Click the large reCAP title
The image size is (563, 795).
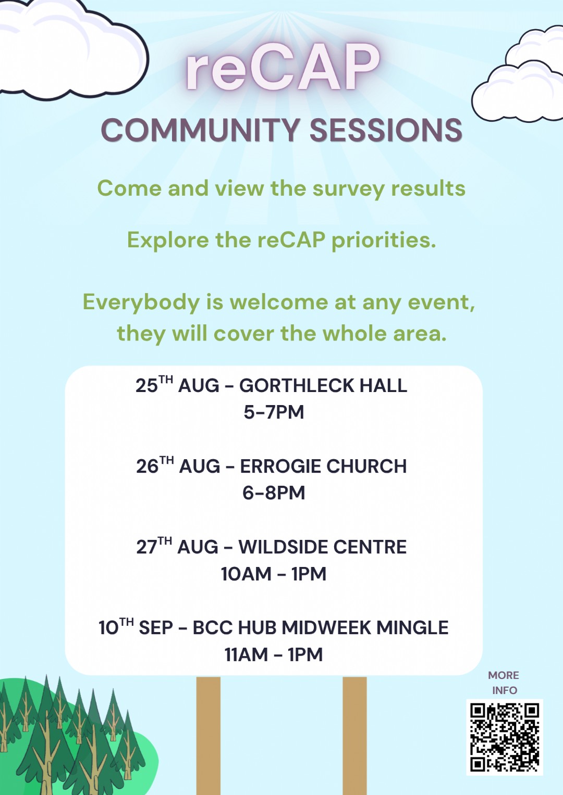(283, 68)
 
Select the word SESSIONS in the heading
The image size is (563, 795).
(386, 130)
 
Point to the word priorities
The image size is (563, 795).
(384, 241)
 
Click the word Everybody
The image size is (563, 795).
(141, 303)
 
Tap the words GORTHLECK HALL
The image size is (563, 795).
(323, 385)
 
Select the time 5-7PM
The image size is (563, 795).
(274, 412)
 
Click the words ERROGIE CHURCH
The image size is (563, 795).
(323, 466)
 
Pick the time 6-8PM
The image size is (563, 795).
(274, 493)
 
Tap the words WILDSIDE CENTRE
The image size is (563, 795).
(322, 547)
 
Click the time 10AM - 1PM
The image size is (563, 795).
(274, 574)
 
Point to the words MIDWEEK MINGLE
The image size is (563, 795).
(365, 627)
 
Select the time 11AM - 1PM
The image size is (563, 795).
(274, 654)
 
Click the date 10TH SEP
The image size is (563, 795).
(136, 627)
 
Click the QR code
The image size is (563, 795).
(505, 737)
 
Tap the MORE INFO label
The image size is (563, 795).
(504, 683)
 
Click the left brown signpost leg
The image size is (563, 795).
(209, 735)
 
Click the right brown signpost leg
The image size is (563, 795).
(354, 735)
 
